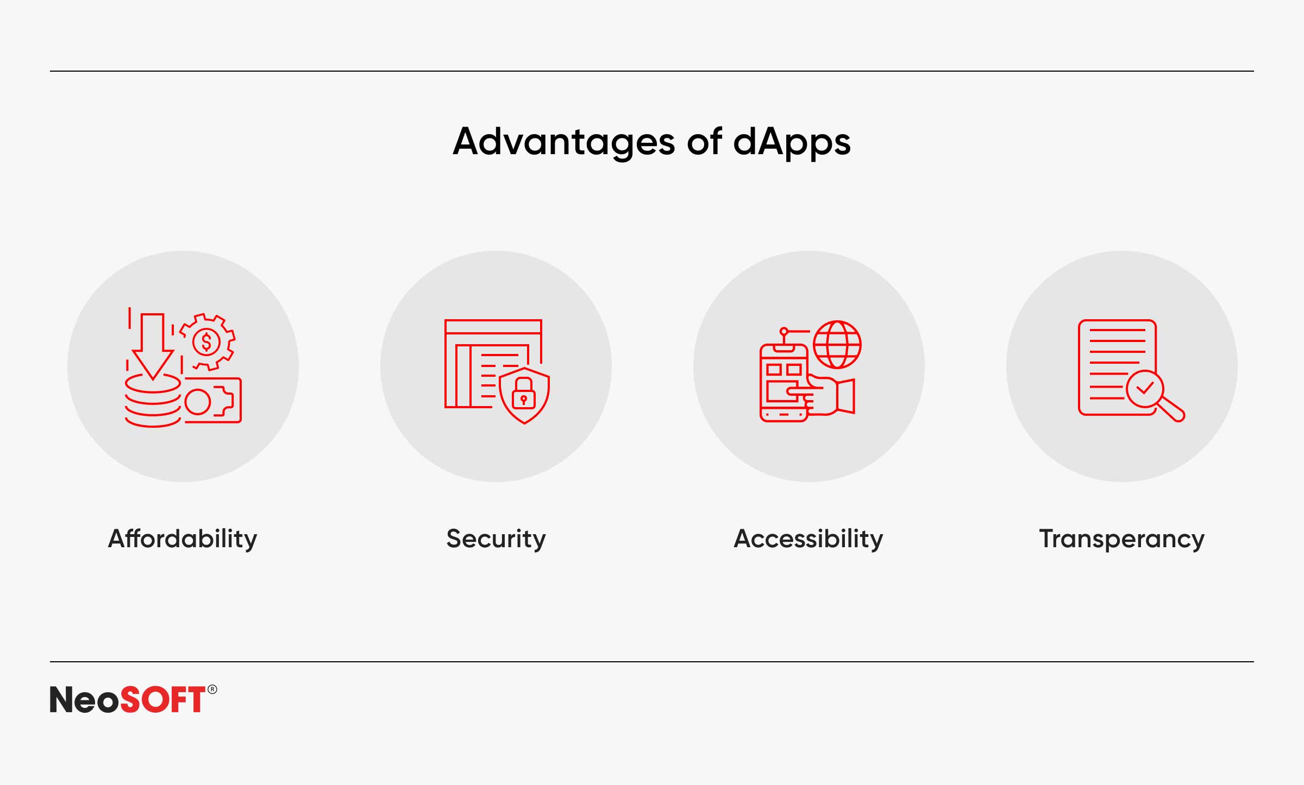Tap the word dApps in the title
[792, 142]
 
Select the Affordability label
[183, 540]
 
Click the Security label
[496, 540]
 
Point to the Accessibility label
[808, 540]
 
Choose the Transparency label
[1122, 540]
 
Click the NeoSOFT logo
[133, 699]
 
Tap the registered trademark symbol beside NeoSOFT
[212, 689]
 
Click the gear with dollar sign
[206, 342]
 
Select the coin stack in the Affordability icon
[153, 401]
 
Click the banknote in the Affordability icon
[213, 400]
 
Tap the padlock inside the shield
[524, 394]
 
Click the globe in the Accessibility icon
[837, 345]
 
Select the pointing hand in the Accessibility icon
[826, 396]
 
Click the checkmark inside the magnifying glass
[1145, 388]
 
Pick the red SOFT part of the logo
[162, 699]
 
